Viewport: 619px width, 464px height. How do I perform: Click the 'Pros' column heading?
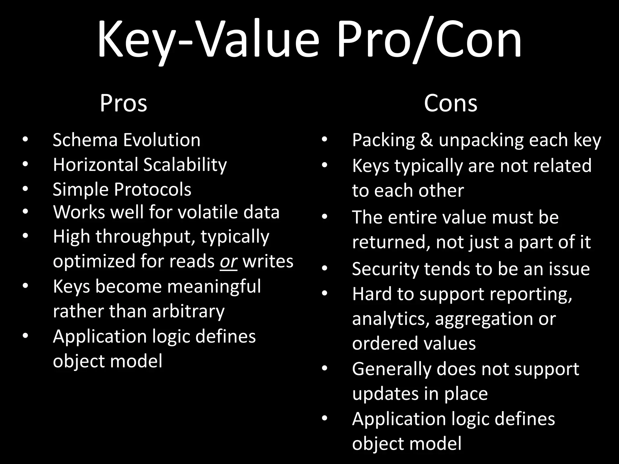[x=123, y=103]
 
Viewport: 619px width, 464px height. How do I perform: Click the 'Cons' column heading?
[x=450, y=103]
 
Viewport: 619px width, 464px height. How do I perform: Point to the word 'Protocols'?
[x=153, y=189]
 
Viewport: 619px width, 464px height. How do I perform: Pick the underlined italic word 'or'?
[x=228, y=261]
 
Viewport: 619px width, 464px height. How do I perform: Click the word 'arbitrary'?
[x=188, y=311]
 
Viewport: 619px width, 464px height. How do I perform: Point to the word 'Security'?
[x=385, y=269]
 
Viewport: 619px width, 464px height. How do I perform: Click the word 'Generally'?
[x=392, y=369]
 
